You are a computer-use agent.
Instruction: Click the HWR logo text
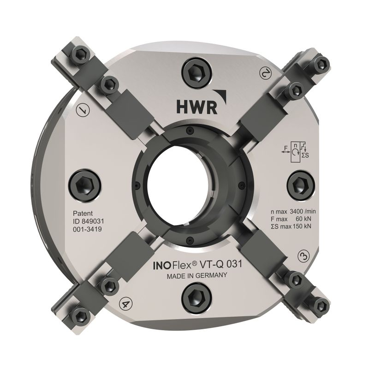[x=197, y=107]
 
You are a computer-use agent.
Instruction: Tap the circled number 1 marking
[x=83, y=110]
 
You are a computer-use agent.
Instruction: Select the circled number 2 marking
[x=266, y=72]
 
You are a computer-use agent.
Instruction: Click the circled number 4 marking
[x=125, y=304]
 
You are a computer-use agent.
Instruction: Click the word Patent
[x=83, y=214]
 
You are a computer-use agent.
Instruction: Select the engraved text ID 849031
[x=89, y=221]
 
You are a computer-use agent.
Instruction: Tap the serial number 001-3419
[x=87, y=229]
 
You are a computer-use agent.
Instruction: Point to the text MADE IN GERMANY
[x=197, y=275]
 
